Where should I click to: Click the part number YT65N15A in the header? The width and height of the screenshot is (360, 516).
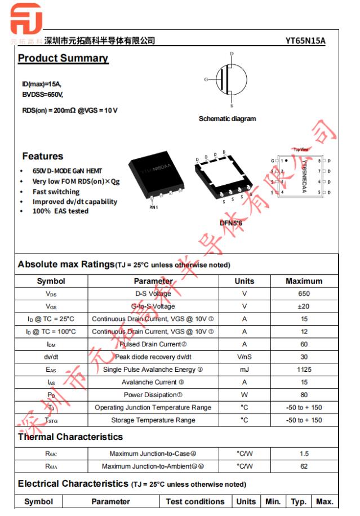click(x=305, y=41)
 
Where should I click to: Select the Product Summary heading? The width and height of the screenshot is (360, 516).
click(x=63, y=59)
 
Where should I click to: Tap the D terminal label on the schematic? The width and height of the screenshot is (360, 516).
click(x=232, y=54)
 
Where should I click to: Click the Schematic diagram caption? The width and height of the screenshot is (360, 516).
click(x=227, y=119)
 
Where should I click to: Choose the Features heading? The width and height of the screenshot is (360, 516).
click(x=43, y=156)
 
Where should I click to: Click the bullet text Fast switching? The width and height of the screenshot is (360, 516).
click(x=56, y=192)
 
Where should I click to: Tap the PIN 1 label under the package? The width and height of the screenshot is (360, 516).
click(x=153, y=207)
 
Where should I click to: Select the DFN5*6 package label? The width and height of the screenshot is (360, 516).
click(x=230, y=223)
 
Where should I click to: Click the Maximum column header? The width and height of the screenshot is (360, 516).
click(x=304, y=281)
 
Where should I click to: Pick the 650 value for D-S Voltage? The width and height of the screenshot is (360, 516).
click(x=304, y=293)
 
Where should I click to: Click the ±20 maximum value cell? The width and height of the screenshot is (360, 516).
click(x=304, y=306)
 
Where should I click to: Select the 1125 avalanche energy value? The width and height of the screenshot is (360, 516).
click(x=304, y=370)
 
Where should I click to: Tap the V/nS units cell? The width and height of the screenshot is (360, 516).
click(x=244, y=357)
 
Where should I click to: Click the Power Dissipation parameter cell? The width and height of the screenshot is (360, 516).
click(x=153, y=394)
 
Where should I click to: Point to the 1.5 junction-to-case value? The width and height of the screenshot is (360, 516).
click(x=304, y=453)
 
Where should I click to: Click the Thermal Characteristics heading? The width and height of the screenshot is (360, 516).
click(x=70, y=437)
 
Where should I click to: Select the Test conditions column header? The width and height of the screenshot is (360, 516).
click(x=195, y=501)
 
